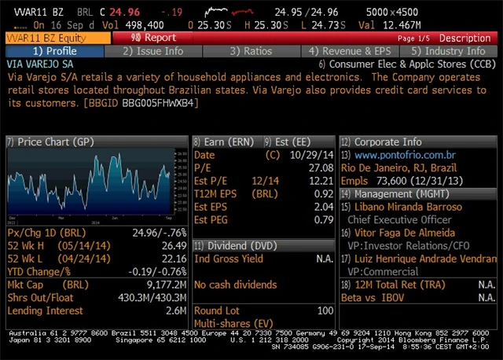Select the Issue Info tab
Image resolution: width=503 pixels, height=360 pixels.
point(154,51)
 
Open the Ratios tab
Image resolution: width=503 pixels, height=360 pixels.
point(251,51)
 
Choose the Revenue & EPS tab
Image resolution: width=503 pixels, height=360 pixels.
point(347,51)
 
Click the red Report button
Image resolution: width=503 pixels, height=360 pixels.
point(153,38)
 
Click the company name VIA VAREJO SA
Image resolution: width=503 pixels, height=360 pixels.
point(40,64)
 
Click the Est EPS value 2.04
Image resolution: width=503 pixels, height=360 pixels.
point(323,207)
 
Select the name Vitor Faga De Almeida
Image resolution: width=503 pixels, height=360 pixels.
point(409,233)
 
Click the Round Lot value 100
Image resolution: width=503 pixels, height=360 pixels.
point(325,310)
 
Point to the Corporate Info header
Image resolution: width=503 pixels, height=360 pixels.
point(387,142)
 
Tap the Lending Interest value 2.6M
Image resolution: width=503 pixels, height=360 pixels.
point(175,310)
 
